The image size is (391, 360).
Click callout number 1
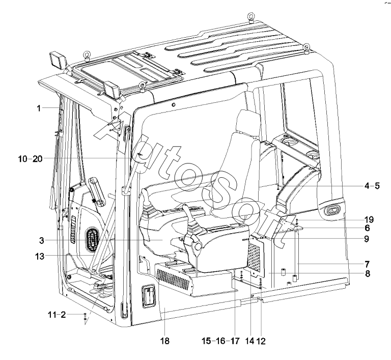click(39, 108)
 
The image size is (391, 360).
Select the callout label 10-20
click(30, 159)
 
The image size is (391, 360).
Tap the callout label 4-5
click(372, 186)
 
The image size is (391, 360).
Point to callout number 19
click(369, 220)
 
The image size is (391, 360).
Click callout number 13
click(40, 256)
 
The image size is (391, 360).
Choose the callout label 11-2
click(57, 315)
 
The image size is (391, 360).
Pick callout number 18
click(165, 341)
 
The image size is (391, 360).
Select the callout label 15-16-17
click(220, 341)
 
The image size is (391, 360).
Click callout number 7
click(367, 264)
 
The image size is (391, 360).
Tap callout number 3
click(41, 241)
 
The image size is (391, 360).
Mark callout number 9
click(367, 239)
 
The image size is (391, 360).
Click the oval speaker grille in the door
click(92, 239)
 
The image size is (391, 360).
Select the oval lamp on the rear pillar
click(332, 211)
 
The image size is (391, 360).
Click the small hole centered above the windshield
click(174, 104)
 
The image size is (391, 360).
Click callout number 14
click(249, 341)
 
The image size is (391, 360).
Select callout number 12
click(261, 341)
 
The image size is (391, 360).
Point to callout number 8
click(368, 273)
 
